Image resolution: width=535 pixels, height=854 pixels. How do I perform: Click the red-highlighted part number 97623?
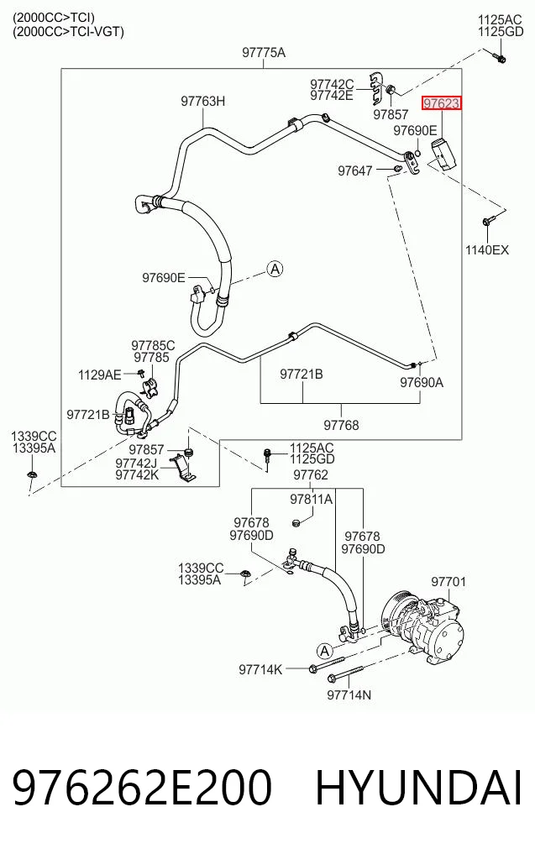[441, 103]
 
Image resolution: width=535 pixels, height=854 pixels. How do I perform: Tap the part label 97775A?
[264, 52]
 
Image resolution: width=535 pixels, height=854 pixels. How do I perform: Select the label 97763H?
[202, 101]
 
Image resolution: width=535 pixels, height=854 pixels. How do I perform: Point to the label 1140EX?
[486, 250]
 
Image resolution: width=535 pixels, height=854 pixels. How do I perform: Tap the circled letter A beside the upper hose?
[275, 269]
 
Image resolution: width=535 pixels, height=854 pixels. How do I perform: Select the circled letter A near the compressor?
[325, 651]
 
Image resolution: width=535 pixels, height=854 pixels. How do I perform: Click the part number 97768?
[342, 425]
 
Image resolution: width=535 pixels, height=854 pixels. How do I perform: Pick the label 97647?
[355, 170]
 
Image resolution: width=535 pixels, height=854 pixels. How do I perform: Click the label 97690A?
[422, 382]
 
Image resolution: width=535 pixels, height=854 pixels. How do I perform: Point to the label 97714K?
[260, 669]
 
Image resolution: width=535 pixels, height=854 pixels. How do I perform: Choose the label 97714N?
[349, 695]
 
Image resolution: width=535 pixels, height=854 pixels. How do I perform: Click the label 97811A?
[311, 499]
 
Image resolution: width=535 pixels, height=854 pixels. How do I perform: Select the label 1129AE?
[100, 375]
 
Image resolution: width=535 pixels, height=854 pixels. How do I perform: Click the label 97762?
[311, 475]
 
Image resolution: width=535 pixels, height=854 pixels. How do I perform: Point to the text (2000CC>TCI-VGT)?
[68, 32]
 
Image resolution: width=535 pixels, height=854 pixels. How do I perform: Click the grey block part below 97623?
[443, 155]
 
